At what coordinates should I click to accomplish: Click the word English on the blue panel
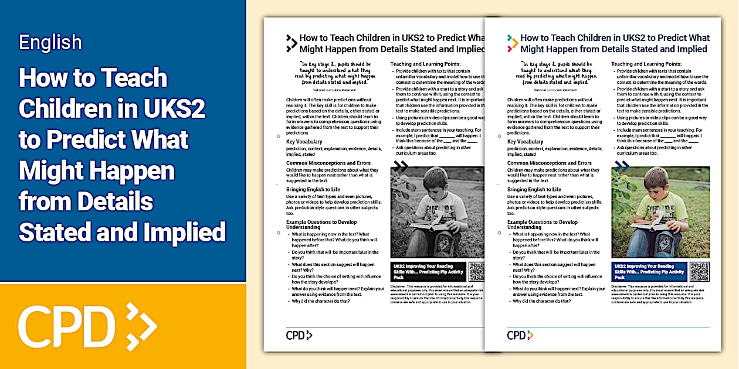(x=50, y=42)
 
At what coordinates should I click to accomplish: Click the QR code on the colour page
(x=699, y=272)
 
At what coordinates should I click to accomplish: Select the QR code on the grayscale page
(x=477, y=272)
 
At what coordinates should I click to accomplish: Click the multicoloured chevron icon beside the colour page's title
(x=513, y=42)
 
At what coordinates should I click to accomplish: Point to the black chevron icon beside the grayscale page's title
(x=291, y=42)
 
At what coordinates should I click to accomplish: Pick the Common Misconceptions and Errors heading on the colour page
(x=550, y=163)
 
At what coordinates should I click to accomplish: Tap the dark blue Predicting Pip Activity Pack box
(x=649, y=272)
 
